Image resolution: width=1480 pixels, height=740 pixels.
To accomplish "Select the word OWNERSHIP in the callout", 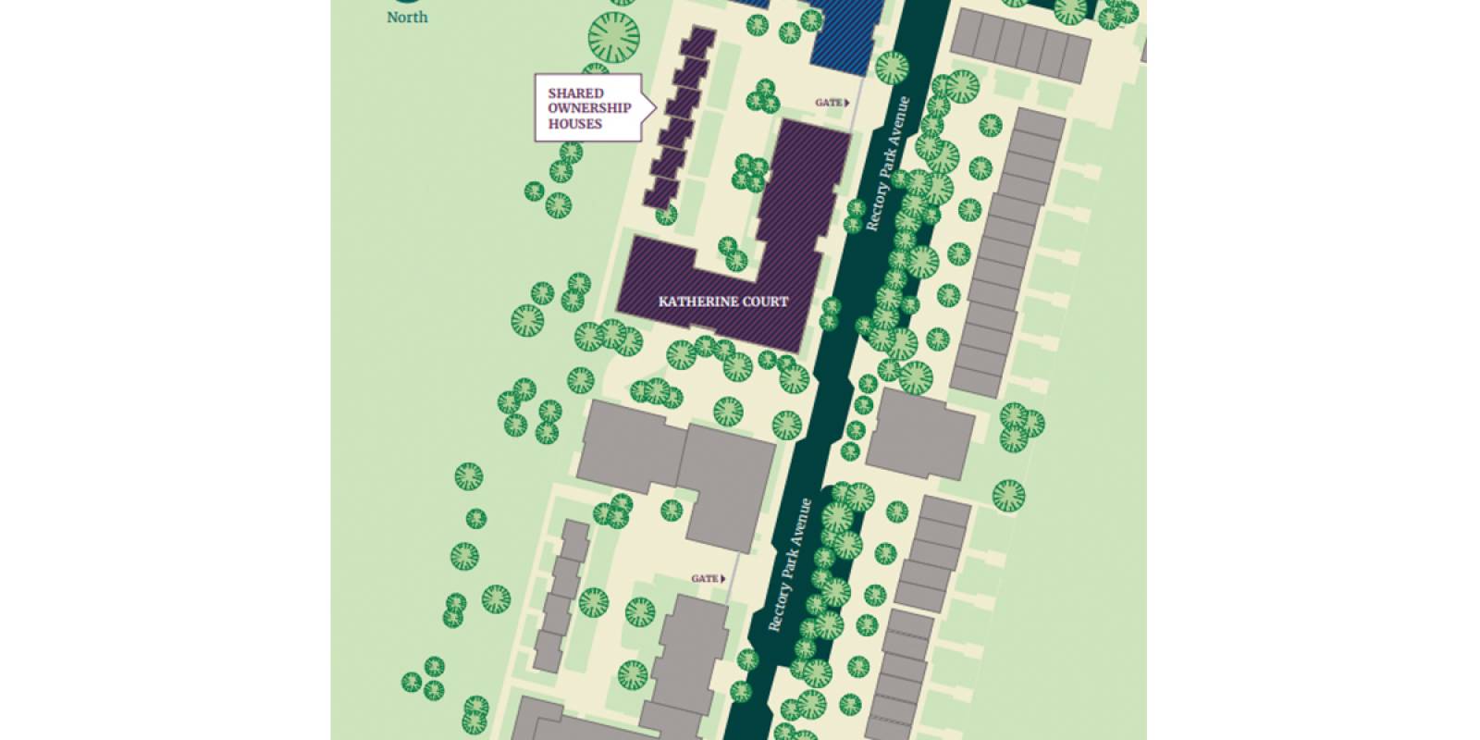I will (x=589, y=108).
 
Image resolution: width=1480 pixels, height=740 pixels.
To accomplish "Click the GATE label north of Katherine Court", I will (x=828, y=103).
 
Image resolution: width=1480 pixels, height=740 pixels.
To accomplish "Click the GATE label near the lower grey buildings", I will (x=704, y=579).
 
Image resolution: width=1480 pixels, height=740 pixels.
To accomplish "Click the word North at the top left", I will (x=407, y=18).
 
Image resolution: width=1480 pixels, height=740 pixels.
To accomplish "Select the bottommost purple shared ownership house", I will (x=662, y=192).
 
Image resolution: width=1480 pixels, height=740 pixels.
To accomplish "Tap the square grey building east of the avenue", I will (x=920, y=434).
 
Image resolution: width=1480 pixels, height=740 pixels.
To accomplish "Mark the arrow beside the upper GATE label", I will (x=846, y=103).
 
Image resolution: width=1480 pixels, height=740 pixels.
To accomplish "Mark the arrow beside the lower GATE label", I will (x=722, y=579).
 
